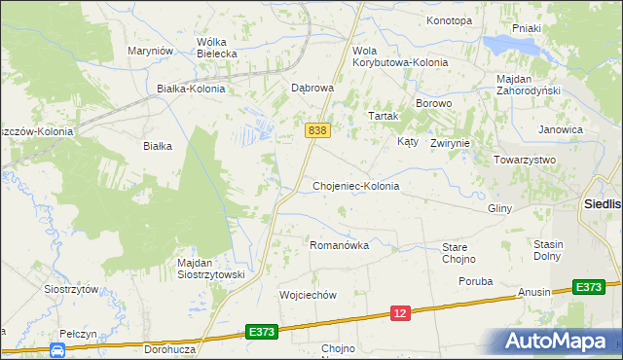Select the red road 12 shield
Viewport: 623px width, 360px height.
click(401, 312)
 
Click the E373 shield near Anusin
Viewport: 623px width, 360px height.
click(588, 287)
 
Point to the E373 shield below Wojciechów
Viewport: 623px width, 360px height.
click(262, 332)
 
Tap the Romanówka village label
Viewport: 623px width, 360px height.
click(339, 246)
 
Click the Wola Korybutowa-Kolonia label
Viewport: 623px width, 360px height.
click(399, 56)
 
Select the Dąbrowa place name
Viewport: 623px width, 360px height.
click(313, 88)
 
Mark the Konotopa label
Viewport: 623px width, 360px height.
click(449, 20)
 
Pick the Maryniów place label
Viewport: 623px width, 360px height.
click(150, 51)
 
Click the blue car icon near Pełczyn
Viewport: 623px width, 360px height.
click(57, 348)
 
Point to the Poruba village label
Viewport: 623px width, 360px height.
click(476, 281)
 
